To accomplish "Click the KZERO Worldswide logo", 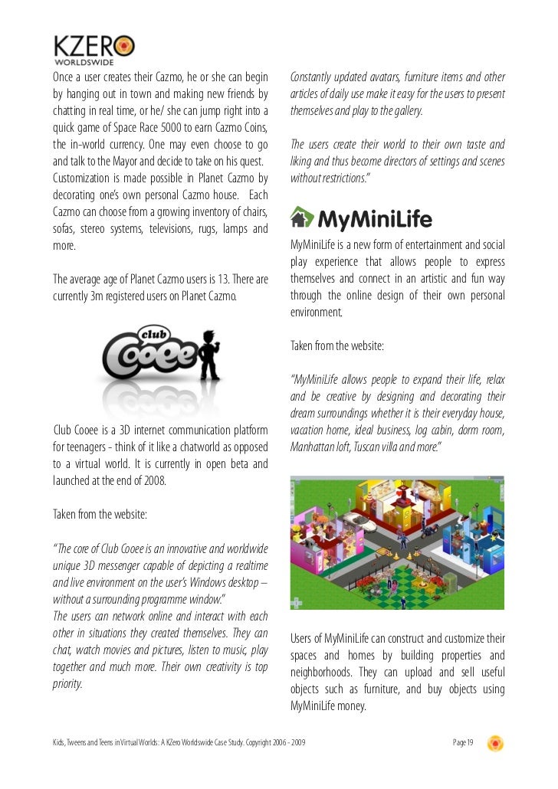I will point(94,50).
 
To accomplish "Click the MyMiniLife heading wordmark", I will point(375,221).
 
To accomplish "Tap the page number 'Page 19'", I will point(464,742).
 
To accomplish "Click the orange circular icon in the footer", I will point(495,742).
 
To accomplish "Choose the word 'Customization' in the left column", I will point(84,178).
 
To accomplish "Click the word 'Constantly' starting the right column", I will point(314,77).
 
